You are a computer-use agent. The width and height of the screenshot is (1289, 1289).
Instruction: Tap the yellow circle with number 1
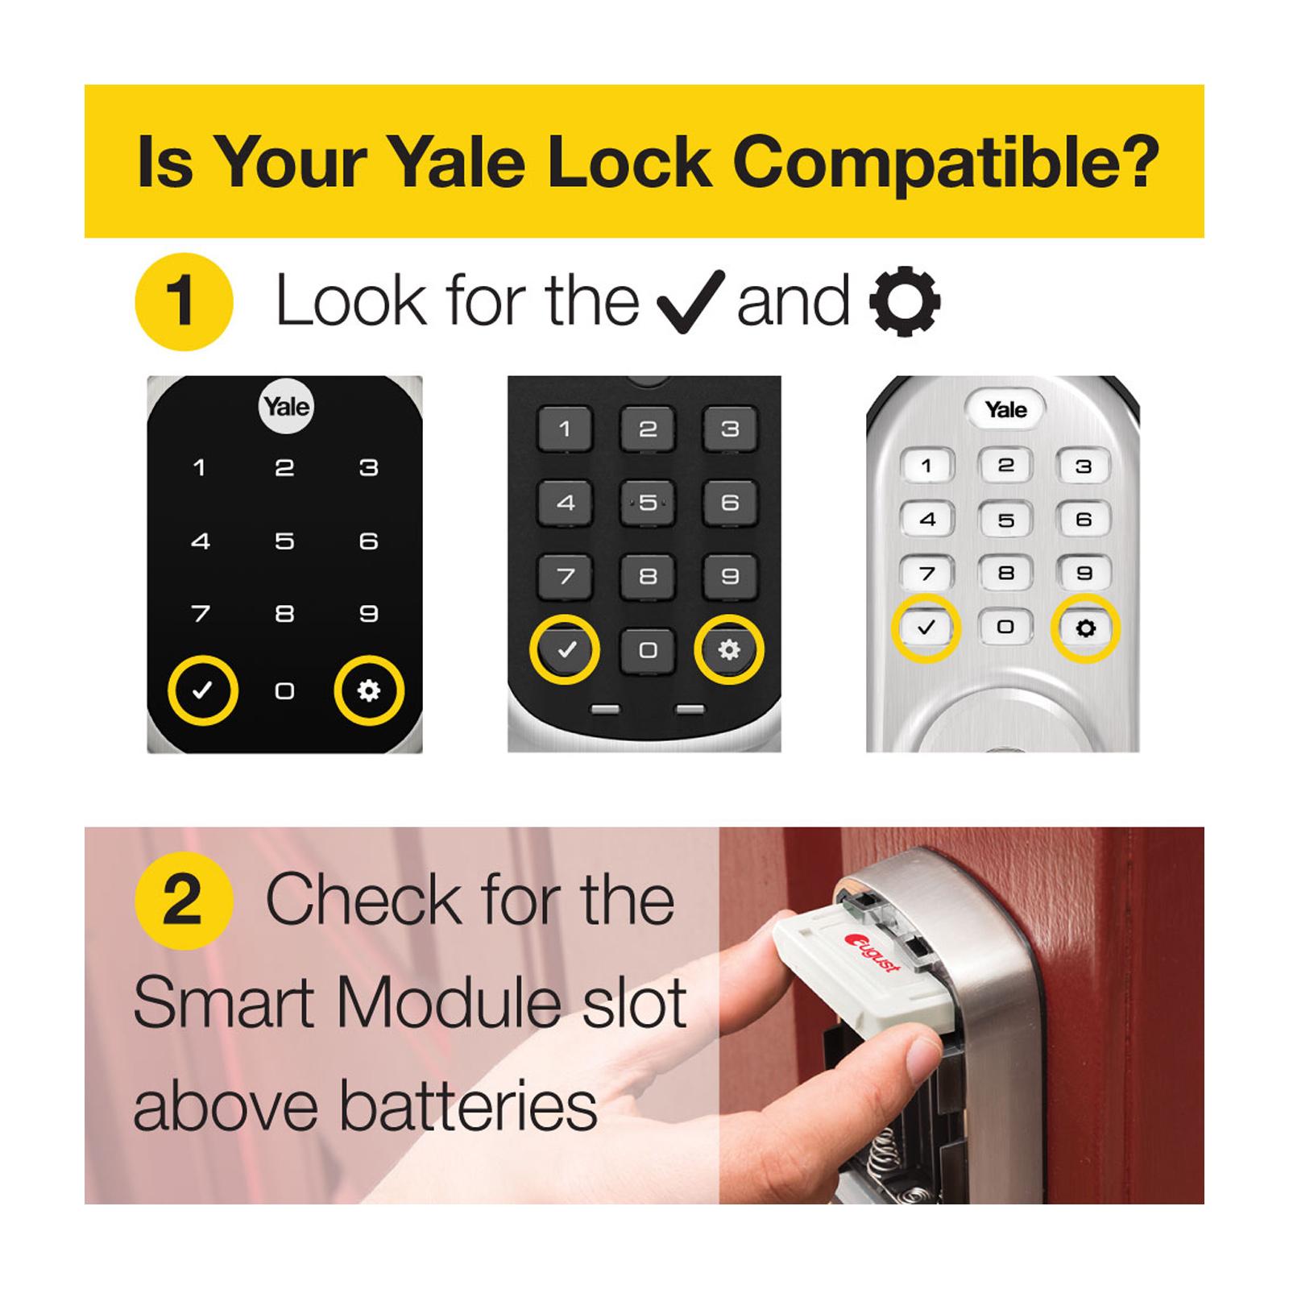coord(184,302)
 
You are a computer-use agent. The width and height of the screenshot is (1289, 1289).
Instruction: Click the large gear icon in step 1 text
coord(905,301)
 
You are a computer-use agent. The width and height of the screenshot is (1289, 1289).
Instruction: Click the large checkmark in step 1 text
coord(690,301)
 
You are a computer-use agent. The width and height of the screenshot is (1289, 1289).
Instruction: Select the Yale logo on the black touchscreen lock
coord(287,406)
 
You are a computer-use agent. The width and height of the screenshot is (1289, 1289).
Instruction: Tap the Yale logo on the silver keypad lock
coord(1005,409)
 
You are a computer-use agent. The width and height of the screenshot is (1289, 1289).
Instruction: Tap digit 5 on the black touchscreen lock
coord(284,541)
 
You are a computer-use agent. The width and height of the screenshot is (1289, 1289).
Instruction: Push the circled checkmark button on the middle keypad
coord(566,649)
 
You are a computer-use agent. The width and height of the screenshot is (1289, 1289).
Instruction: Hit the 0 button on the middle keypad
coord(648,649)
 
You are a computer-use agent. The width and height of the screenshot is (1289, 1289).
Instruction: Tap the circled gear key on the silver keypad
coord(1085,628)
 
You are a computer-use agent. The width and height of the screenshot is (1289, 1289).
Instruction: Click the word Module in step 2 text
coord(447,1003)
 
